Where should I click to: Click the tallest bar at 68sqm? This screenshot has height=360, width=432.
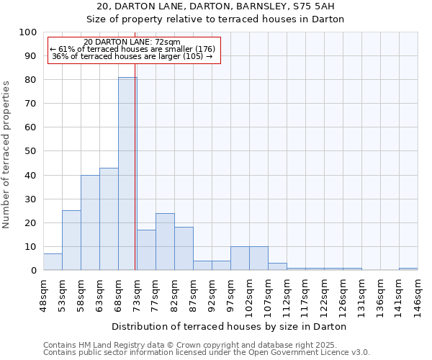[x=127, y=174]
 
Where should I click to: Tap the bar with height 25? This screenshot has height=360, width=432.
[x=71, y=240]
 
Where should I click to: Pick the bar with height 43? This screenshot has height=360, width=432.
[x=109, y=219]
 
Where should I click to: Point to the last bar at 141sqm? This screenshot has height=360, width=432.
[x=408, y=269]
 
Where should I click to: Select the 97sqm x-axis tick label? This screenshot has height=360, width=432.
[x=230, y=294]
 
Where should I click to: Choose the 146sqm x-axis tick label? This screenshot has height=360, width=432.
[x=418, y=294]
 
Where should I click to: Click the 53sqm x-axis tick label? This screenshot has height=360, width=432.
[x=62, y=294]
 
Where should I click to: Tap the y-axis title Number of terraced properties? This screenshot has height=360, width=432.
[x=7, y=154]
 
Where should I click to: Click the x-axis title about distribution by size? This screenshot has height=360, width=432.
[x=230, y=326]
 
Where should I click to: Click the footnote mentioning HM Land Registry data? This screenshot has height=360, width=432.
[x=206, y=345]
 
